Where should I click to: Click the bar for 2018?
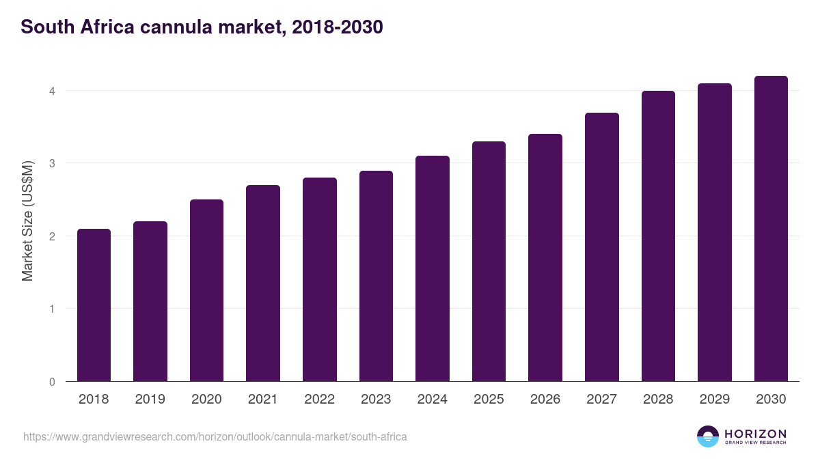[94, 305]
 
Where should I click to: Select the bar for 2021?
[263, 283]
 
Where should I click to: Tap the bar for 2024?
[433, 268]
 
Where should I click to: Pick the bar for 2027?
[602, 247]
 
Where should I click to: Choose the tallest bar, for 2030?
[771, 229]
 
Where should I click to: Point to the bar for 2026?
[545, 257]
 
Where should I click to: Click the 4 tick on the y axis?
[51, 91]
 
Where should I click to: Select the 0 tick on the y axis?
[51, 382]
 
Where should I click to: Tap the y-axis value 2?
[51, 236]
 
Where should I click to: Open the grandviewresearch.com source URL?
[215, 436]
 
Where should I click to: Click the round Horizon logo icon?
[708, 436]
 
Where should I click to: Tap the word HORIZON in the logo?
[755, 434]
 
